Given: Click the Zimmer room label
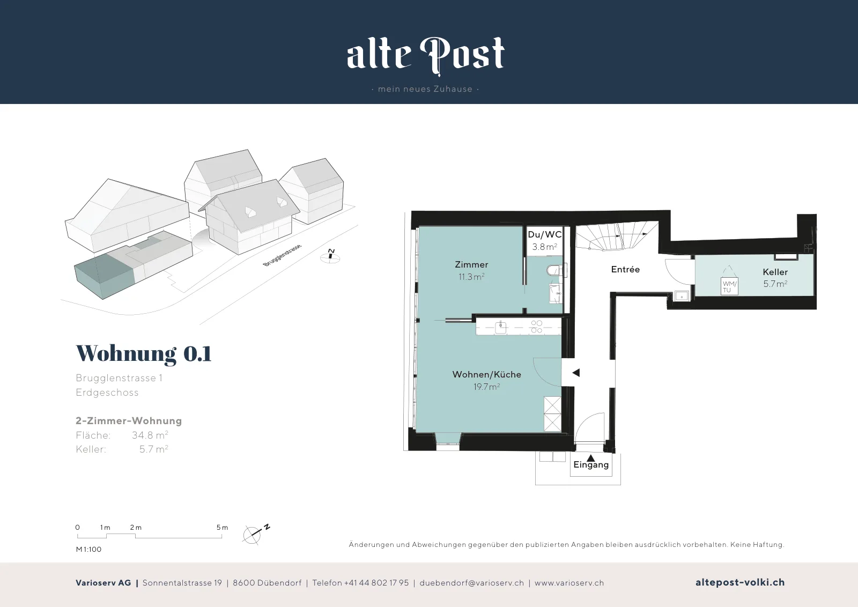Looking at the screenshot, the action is [x=471, y=265].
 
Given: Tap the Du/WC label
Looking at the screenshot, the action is [x=545, y=234].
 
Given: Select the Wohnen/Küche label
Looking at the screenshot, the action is [x=486, y=374].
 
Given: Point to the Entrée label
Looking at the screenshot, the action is [x=625, y=270].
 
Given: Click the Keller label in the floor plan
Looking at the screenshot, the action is [x=775, y=272].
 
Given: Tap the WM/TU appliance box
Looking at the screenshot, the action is [x=729, y=286].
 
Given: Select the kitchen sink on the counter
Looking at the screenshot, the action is [x=501, y=328].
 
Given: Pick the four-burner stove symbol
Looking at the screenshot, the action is [x=537, y=327].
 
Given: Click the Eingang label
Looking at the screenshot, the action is [x=591, y=465].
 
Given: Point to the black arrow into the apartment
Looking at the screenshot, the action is [x=576, y=373].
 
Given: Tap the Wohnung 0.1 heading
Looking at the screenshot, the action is [x=144, y=353].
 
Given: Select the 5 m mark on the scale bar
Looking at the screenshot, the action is [x=222, y=528].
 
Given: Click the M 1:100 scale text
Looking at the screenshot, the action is [x=88, y=549].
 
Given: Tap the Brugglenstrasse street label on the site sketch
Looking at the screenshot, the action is [x=282, y=255].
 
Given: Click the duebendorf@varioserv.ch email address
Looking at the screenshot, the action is [x=471, y=583].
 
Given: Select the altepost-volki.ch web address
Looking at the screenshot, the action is [x=740, y=582].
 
